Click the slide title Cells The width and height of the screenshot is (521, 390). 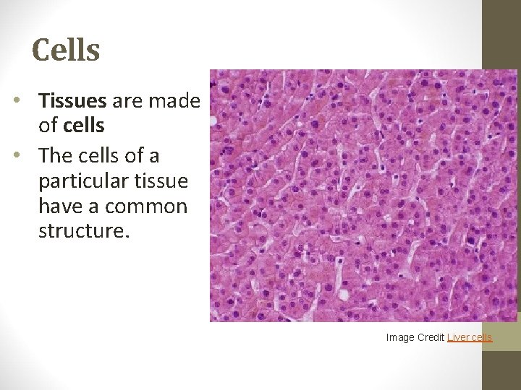[66, 50]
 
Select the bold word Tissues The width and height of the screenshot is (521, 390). [73, 100]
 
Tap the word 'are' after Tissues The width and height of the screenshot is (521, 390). [127, 101]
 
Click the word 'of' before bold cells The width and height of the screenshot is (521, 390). [48, 126]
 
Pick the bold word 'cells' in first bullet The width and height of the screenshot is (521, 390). [84, 126]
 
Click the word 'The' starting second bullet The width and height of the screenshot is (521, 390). [55, 155]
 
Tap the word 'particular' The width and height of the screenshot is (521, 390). [77, 181]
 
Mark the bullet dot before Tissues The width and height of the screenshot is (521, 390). [17, 102]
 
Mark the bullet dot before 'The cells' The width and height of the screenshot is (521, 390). [17, 156]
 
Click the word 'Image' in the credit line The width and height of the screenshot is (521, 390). [400, 337]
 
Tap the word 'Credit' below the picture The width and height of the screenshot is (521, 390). [431, 337]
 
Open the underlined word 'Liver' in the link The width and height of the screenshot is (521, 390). [459, 337]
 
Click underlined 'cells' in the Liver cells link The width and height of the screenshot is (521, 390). [482, 337]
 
